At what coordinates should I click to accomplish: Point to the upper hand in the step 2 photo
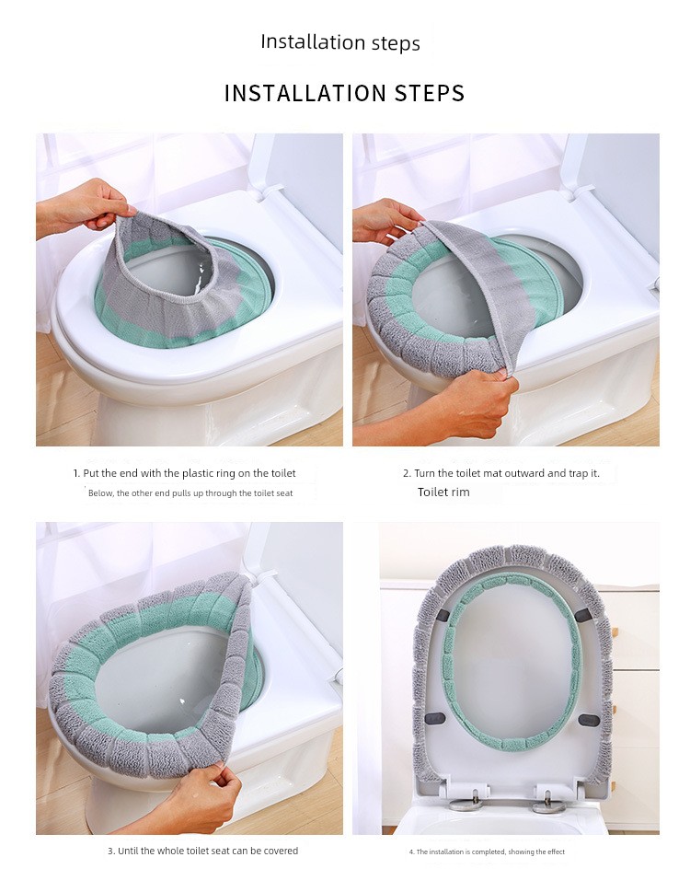[385, 221]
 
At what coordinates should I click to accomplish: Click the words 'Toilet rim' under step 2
[443, 492]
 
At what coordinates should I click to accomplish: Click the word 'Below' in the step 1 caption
[100, 493]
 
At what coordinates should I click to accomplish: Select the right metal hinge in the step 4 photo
[548, 802]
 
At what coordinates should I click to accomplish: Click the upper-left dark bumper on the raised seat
[445, 616]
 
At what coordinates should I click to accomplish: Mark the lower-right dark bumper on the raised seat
[589, 720]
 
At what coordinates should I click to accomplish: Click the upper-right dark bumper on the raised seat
[583, 614]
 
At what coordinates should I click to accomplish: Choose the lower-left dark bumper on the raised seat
[436, 719]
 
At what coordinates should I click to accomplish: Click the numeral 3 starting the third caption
[110, 851]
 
